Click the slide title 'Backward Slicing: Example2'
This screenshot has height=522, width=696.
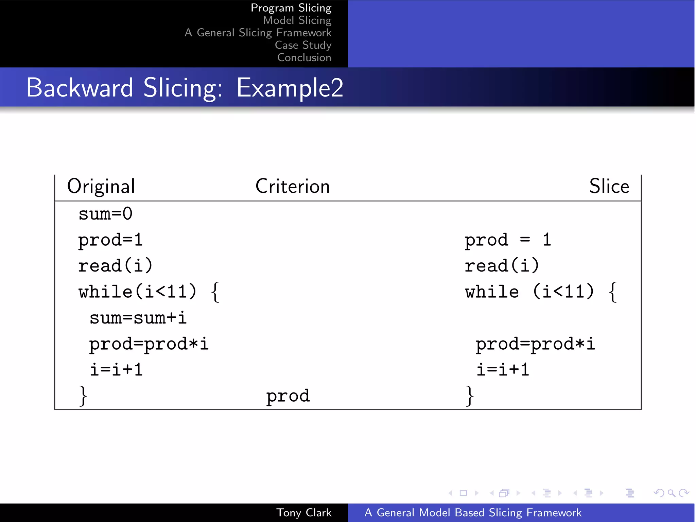185,88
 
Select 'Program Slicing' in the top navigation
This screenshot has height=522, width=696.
291,8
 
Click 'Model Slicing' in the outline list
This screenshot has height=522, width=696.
297,20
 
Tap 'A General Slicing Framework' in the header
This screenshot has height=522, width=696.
258,33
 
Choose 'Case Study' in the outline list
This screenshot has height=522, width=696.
303,45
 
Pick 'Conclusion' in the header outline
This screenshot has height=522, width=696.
304,57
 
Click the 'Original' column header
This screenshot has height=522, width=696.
101,186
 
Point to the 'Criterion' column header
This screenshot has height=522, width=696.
292,186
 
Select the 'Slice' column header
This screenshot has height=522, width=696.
609,186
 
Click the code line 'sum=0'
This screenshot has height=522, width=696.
105,214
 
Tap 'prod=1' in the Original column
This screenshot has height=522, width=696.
110,240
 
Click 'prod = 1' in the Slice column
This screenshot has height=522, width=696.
507,240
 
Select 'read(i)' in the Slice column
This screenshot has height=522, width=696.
502,266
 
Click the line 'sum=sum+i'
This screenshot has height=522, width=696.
138,318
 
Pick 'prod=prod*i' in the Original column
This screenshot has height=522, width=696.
149,344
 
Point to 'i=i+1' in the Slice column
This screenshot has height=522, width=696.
503,370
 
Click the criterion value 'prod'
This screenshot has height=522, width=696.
288,396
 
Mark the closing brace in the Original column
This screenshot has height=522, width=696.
83,396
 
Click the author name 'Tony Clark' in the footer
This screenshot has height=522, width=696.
303,512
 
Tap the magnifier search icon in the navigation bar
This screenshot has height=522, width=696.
671,493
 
